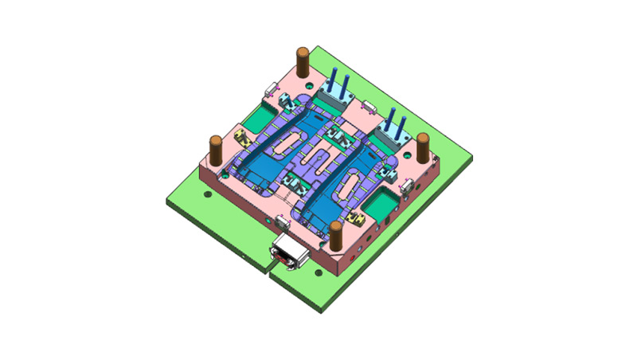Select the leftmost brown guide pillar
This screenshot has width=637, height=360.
[x=216, y=147]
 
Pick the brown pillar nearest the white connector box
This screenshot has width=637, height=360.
[x=337, y=236]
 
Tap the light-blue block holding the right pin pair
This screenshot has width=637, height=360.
[x=390, y=137]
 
